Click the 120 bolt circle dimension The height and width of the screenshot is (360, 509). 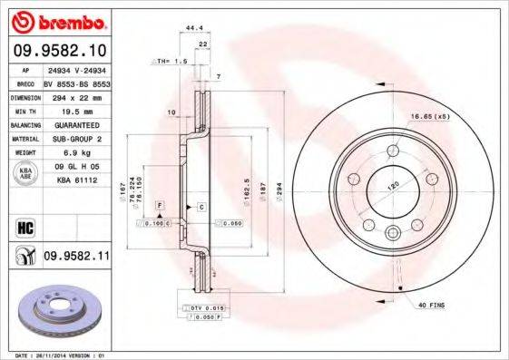395,183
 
